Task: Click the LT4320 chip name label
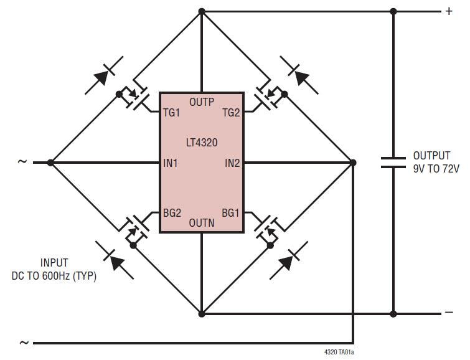click(200, 143)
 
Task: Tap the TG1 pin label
click(171, 113)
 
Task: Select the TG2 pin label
click(231, 113)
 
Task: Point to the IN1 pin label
click(171, 163)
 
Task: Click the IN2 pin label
click(232, 163)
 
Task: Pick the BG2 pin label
click(172, 213)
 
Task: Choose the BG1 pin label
click(230, 213)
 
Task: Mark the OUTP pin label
click(201, 102)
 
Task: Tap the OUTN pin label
click(201, 222)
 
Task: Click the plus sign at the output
click(449, 11)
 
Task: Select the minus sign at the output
click(449, 313)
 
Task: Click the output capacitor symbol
click(393, 163)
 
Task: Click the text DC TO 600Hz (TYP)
click(54, 275)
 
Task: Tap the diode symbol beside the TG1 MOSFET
click(104, 75)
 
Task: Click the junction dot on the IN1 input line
click(50, 163)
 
